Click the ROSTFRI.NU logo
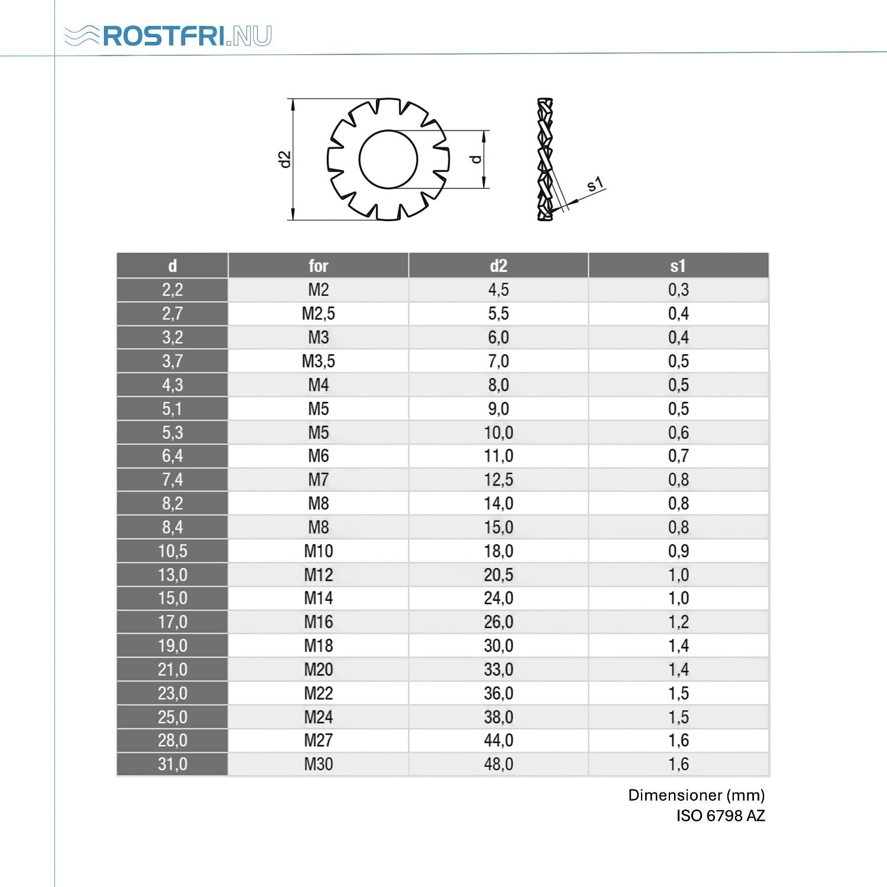[168, 35]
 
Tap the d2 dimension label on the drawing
[286, 159]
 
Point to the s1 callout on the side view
[595, 184]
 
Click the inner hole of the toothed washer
[388, 160]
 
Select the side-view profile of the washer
[545, 160]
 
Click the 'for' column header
[318, 266]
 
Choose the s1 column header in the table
[678, 266]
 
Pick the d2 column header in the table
[498, 266]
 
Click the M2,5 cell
[318, 313]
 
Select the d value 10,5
[172, 551]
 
